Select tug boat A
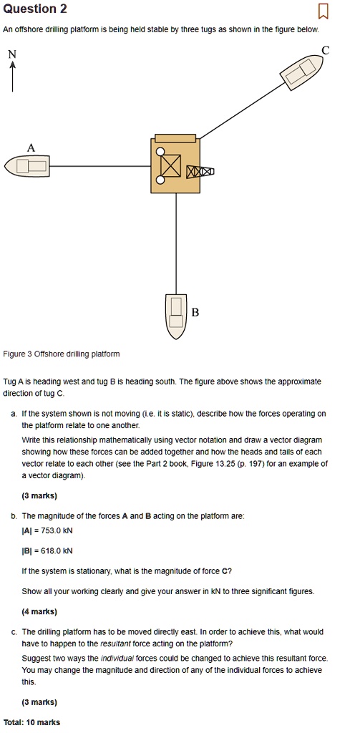tap(26, 167)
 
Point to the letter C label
tap(326, 49)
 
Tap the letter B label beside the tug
tap(195, 313)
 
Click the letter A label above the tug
tap(30, 147)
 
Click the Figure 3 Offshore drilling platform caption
tap(62, 354)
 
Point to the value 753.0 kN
tap(54, 530)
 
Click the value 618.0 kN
tap(54, 550)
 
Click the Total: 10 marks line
tap(32, 722)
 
